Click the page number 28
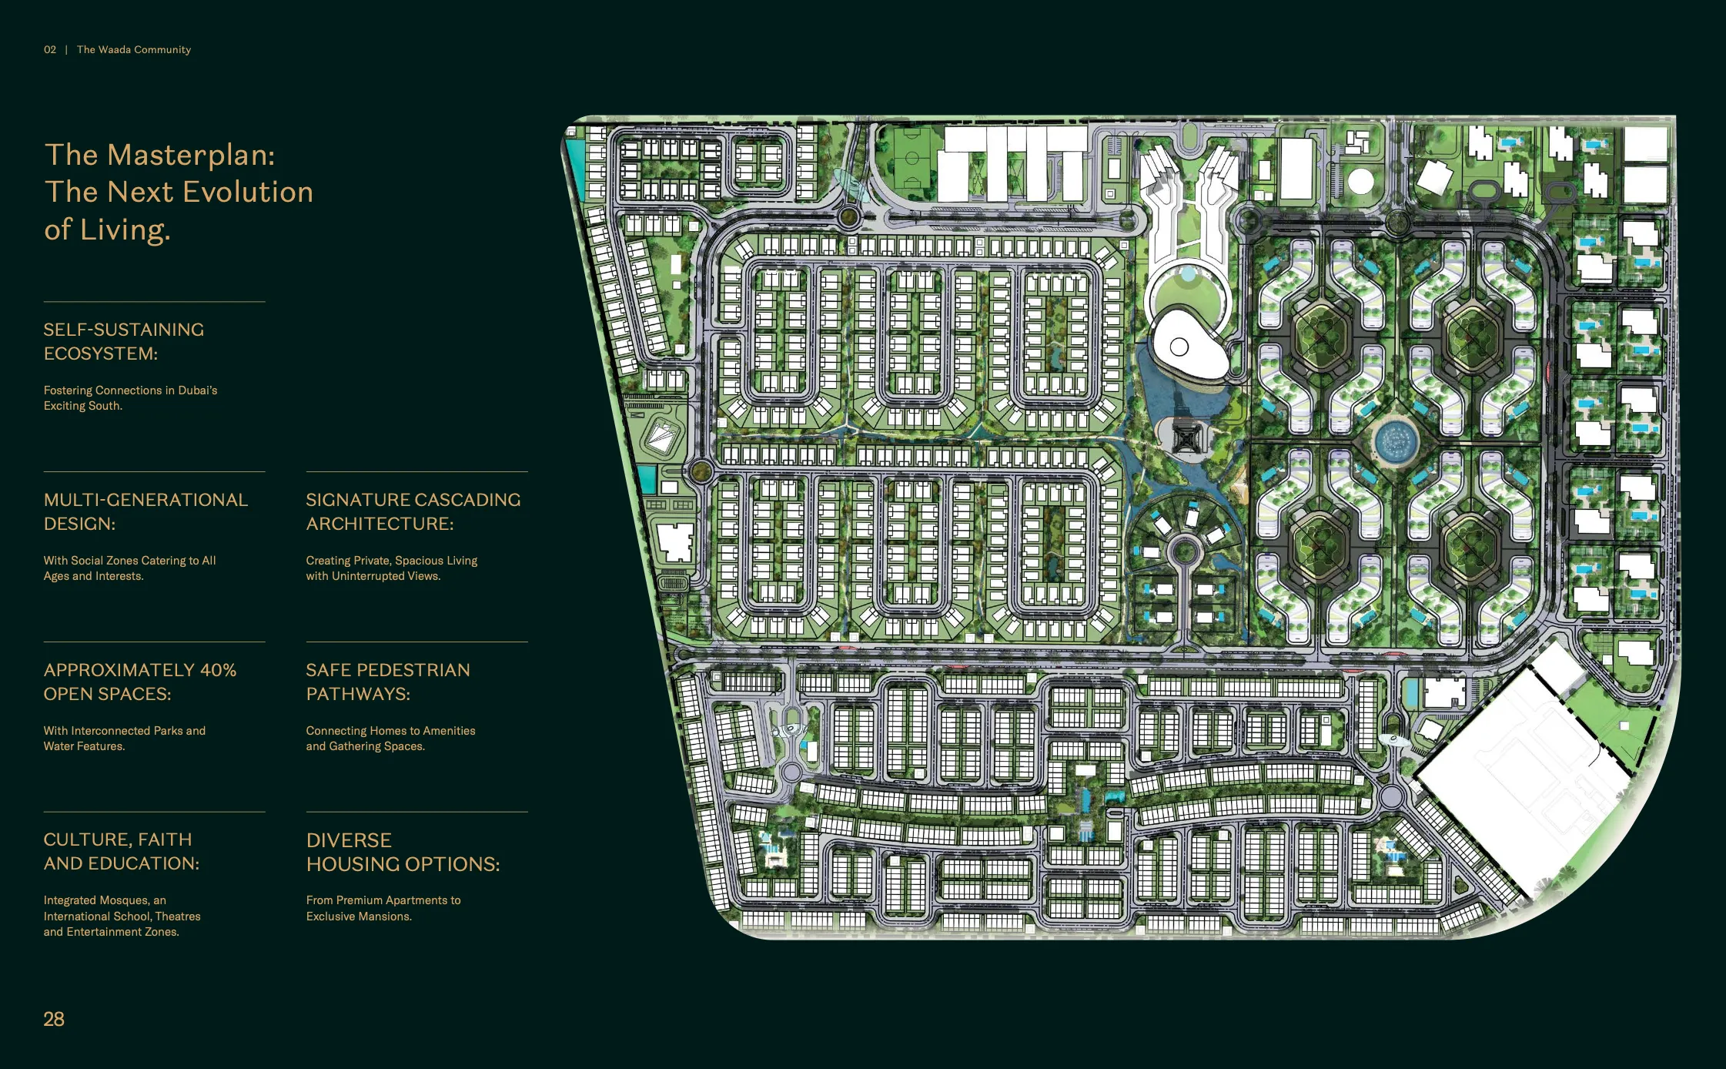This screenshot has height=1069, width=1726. [54, 1019]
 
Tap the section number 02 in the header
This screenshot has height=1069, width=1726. [50, 49]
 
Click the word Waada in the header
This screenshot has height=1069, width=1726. [115, 49]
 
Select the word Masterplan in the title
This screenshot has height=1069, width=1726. [191, 155]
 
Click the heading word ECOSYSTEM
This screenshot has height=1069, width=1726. [101, 354]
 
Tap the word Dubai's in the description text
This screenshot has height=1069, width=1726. [198, 390]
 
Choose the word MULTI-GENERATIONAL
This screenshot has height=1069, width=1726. [146, 500]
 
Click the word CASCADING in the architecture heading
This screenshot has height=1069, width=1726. [467, 500]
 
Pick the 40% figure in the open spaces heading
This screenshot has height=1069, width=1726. [219, 670]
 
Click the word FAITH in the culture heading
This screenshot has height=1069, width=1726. [166, 839]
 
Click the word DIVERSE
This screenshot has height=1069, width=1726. [350, 840]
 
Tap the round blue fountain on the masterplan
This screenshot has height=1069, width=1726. [1396, 442]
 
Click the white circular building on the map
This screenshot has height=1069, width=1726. [1360, 182]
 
